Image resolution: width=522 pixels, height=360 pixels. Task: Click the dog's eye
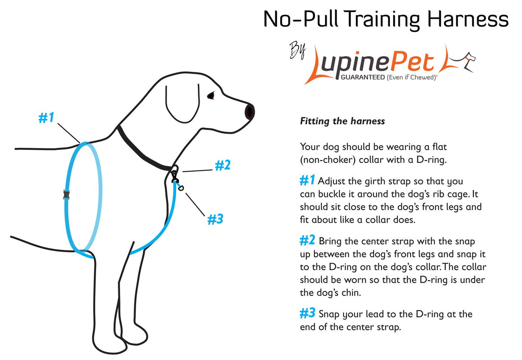pyautogui.click(x=211, y=96)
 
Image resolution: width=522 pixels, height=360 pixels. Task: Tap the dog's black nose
pyautogui.click(x=250, y=112)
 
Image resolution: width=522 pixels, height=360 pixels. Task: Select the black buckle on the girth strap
pyautogui.click(x=67, y=195)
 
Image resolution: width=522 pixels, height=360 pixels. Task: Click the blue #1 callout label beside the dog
pyautogui.click(x=47, y=117)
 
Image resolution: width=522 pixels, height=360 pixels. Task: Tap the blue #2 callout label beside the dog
pyautogui.click(x=223, y=165)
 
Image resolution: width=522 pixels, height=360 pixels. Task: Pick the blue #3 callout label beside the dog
pyautogui.click(x=215, y=219)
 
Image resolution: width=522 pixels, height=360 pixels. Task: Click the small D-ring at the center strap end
pyautogui.click(x=181, y=188)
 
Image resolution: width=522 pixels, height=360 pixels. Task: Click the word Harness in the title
pyautogui.click(x=468, y=19)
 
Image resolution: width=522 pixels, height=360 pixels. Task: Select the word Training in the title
pyautogui.click(x=381, y=20)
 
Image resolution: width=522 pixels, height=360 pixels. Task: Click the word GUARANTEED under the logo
pyautogui.click(x=363, y=77)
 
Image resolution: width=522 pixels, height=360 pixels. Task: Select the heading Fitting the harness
pyautogui.click(x=342, y=121)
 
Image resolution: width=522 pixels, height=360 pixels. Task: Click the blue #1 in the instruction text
pyautogui.click(x=308, y=180)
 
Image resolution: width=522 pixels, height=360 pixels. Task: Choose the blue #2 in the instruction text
pyautogui.click(x=308, y=240)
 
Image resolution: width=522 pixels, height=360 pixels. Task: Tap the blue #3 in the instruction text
pyautogui.click(x=308, y=313)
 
